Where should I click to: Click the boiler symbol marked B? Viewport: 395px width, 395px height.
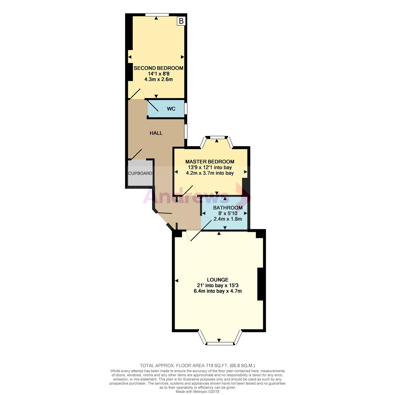pos(181,21)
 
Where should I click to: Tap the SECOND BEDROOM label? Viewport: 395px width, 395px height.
pos(158,68)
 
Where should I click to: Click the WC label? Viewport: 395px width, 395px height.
pos(171,109)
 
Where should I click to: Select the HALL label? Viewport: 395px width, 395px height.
pos(156,133)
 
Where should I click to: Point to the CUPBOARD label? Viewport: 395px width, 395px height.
pos(140,173)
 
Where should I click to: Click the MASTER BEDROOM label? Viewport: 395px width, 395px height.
pos(210,162)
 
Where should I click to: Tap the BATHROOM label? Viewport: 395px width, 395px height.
pos(228,208)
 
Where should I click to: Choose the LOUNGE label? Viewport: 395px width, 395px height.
pos(218,280)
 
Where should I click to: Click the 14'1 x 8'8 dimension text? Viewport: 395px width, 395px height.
pos(159,74)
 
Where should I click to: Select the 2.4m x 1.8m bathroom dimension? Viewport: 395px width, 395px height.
pos(228,219)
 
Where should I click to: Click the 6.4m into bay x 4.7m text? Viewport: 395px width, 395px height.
pos(218,291)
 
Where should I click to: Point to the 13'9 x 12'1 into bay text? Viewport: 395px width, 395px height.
pos(210,167)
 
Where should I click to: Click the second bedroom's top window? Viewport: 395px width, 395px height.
pos(157,15)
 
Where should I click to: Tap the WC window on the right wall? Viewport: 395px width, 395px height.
pos(186,109)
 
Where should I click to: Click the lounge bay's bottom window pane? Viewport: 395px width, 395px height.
pos(220,344)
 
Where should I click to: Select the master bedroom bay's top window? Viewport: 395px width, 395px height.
pos(217,137)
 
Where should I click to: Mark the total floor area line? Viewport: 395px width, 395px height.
pos(197,365)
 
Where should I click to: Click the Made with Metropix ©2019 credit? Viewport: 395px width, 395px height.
pos(197,392)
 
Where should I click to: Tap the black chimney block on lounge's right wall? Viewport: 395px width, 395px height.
pos(260,284)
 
